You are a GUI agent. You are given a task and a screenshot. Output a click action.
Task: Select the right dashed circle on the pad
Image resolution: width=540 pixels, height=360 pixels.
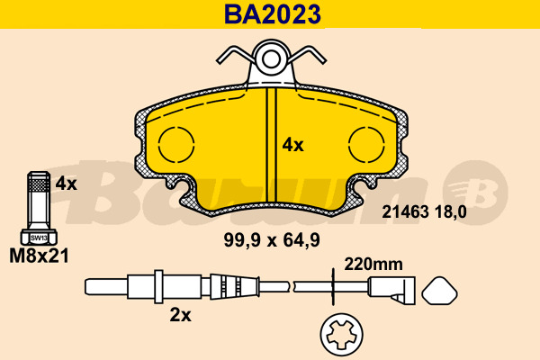[x=368, y=145]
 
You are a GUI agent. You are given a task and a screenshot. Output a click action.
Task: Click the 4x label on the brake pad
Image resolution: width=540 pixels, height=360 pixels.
[x=293, y=144]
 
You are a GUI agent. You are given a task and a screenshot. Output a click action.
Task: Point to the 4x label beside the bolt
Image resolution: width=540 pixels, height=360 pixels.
[x=67, y=184]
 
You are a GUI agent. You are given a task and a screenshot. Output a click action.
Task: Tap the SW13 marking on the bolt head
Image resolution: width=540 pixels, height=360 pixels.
[x=38, y=238]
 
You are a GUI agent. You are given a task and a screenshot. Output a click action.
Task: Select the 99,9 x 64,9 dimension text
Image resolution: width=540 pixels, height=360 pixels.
[x=272, y=239]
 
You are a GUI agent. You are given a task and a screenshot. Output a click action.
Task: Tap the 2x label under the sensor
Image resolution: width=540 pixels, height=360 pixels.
[x=181, y=315]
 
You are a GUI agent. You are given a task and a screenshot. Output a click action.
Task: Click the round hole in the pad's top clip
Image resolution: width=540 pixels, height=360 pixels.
[x=270, y=61]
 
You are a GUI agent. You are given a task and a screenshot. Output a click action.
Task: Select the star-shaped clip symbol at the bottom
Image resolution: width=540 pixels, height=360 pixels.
[x=343, y=337]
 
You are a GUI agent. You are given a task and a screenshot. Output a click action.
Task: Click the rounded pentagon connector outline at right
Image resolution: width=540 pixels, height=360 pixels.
[x=439, y=292]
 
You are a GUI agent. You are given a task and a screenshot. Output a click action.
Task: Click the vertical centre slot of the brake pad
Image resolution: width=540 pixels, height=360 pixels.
[x=271, y=144]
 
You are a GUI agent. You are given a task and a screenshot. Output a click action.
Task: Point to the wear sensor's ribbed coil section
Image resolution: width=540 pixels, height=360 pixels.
[x=229, y=288]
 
